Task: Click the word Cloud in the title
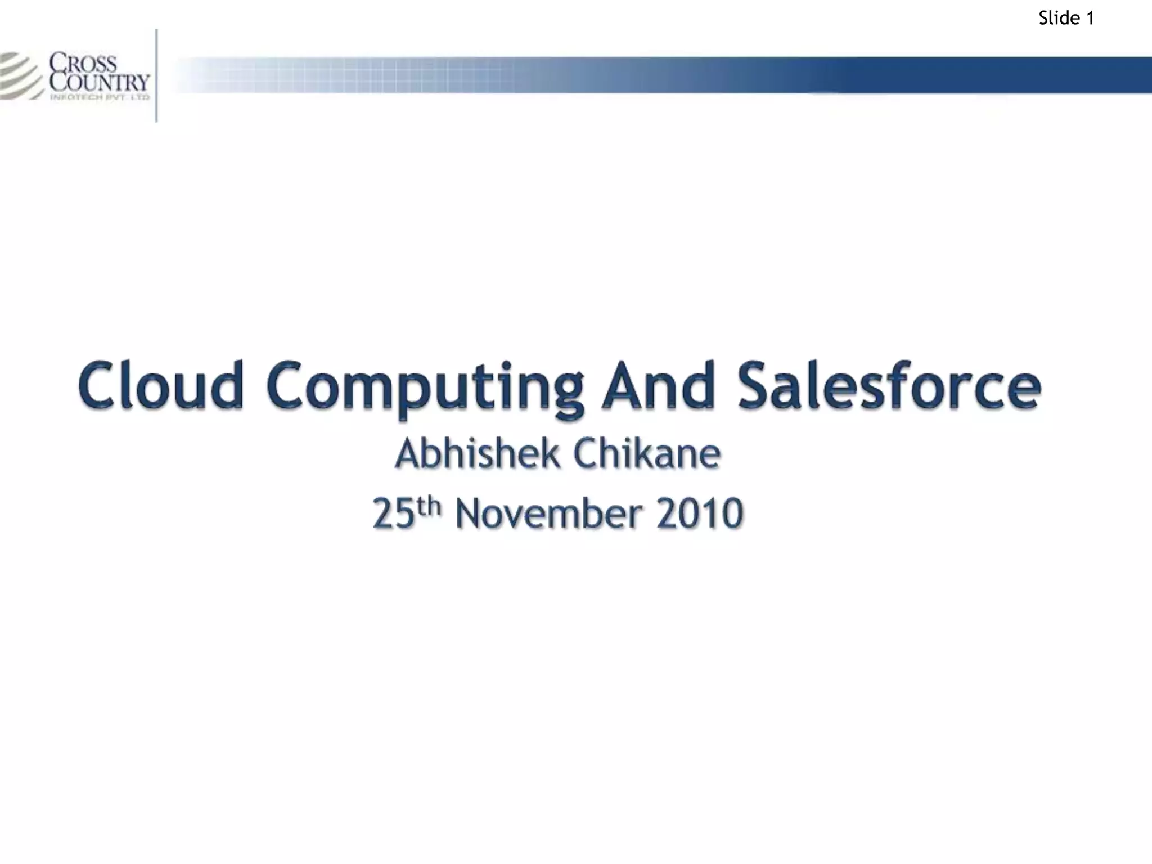(161, 385)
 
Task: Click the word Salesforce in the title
(889, 385)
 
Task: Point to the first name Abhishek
(478, 454)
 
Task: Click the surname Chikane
(647, 454)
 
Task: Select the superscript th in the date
(430, 506)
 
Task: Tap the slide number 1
(1090, 19)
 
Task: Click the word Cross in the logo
(83, 62)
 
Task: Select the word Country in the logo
(100, 82)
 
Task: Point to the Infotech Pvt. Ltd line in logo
(100, 97)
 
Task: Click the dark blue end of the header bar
(1069, 74)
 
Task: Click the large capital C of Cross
(56, 62)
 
